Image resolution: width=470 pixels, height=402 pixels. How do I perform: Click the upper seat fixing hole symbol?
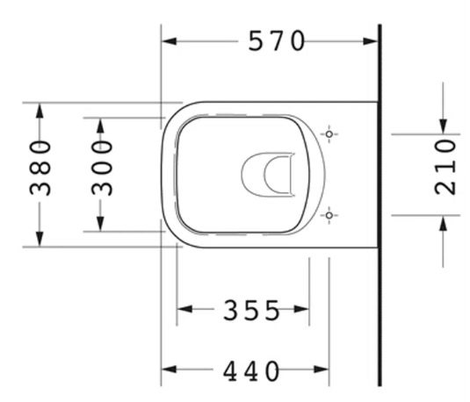coord(329,134)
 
